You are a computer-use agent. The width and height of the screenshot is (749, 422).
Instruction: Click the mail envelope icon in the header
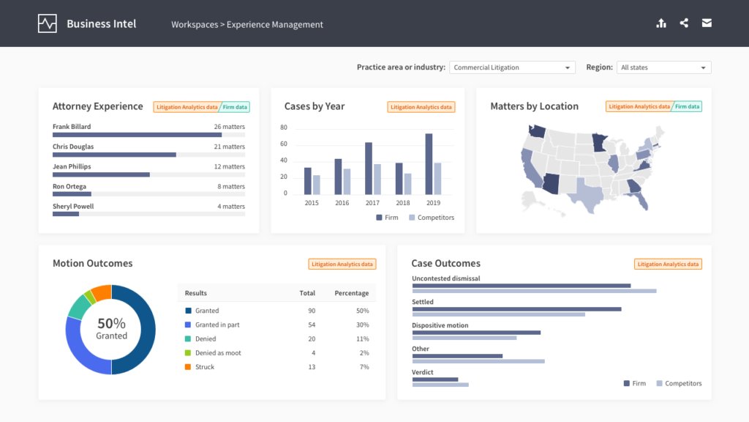tap(707, 23)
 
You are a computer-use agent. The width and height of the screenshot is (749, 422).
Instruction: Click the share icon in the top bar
tap(684, 23)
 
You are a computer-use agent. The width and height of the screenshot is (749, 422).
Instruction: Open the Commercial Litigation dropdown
tap(512, 67)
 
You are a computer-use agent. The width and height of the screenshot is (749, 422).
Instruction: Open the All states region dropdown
tap(663, 67)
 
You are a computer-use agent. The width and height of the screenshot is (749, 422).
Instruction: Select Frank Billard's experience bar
tap(137, 135)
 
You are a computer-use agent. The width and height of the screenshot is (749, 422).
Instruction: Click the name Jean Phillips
tap(72, 166)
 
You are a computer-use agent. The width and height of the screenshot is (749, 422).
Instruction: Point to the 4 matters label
tap(230, 207)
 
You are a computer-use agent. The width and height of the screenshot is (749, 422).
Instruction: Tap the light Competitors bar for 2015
tap(317, 185)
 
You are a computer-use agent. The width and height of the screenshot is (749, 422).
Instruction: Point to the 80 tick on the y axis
tap(284, 127)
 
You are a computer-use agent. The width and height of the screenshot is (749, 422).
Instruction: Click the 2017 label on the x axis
tap(372, 203)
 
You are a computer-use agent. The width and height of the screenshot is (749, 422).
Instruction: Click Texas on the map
tap(589, 192)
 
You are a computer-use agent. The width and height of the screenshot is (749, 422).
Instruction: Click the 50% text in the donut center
tap(111, 323)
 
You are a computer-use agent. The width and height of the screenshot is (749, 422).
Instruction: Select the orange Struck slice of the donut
tap(102, 292)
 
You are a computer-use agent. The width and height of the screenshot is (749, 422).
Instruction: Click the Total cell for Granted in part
tap(311, 325)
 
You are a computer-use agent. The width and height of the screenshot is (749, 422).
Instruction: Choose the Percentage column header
tap(351, 293)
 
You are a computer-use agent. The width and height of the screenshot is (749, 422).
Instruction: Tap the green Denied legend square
tap(188, 338)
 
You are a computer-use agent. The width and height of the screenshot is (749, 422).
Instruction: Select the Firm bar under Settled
tap(516, 309)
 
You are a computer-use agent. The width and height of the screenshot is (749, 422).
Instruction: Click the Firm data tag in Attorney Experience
tap(235, 107)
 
